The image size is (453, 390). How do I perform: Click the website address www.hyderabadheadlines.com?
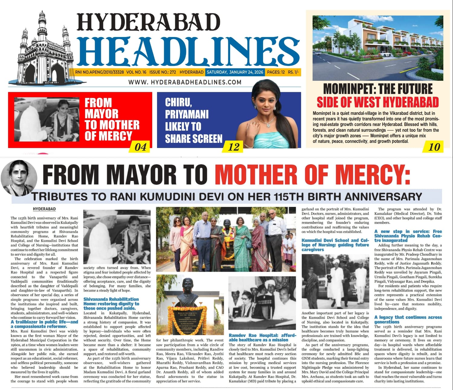pyautogui.click(x=185, y=82)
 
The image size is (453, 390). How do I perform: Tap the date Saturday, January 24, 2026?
pyautogui.click(x=235, y=72)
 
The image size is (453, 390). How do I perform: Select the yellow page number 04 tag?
pyautogui.click(x=140, y=147)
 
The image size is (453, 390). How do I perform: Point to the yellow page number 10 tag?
pyautogui.click(x=434, y=147)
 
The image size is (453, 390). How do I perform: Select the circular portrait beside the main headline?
pyautogui.click(x=19, y=178)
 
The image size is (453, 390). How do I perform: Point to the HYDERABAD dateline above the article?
pyautogui.click(x=44, y=209)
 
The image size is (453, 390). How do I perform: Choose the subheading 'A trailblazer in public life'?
pyautogui.click(x=44, y=324)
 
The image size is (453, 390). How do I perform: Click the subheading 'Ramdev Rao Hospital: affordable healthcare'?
pyautogui.click(x=262, y=337)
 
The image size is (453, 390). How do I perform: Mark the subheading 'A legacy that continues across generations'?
pyautogui.click(x=408, y=319)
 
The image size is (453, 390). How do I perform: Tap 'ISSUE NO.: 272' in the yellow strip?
pyautogui.click(x=162, y=72)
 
